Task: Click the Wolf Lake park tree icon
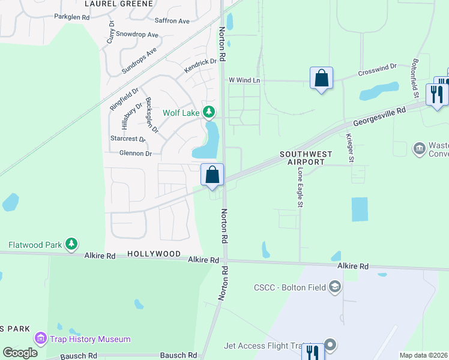point(209,112)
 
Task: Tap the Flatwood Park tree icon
point(71,244)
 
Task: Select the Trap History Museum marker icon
point(41,339)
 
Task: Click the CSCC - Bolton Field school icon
point(334,287)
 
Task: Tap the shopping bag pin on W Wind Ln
point(321,79)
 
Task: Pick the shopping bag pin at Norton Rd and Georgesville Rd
point(212,175)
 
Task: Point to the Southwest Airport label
point(306,158)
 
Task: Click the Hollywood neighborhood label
point(154,254)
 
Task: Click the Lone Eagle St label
point(300,188)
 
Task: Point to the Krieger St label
point(349,146)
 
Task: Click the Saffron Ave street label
point(172,21)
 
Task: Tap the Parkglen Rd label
point(71,17)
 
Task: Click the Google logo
point(20,353)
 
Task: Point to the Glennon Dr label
point(135,154)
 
